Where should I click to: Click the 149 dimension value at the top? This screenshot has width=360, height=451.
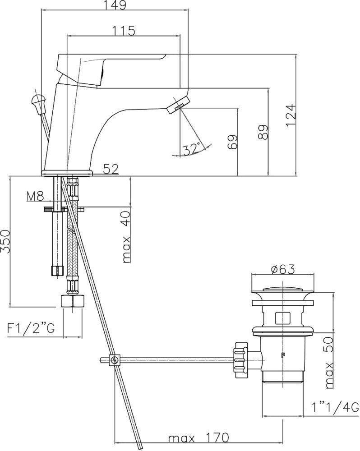pyautogui.click(x=114, y=5)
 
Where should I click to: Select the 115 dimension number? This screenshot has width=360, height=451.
pyautogui.click(x=123, y=31)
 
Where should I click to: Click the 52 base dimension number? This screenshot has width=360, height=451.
pyautogui.click(x=110, y=169)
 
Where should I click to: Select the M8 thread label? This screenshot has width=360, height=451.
pyautogui.click(x=35, y=197)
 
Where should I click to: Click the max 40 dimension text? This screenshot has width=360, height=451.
pyautogui.click(x=126, y=237)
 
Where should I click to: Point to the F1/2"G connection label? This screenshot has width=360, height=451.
pyautogui.click(x=31, y=329)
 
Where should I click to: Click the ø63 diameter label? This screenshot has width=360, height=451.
pyautogui.click(x=282, y=269)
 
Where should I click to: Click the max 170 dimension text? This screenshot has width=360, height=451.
pyautogui.click(x=198, y=438)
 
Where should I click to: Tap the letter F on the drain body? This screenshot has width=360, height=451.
pyautogui.click(x=283, y=354)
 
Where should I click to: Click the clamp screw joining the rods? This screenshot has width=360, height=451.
pyautogui.click(x=115, y=360)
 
